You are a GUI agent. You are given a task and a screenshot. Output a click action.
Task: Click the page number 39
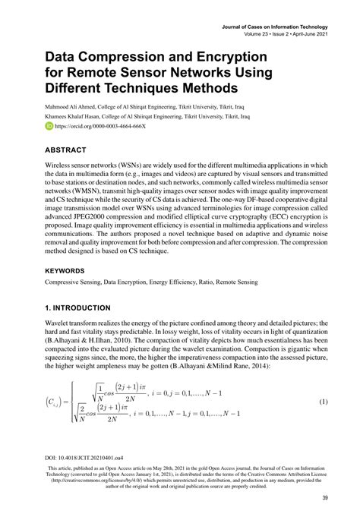324,498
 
